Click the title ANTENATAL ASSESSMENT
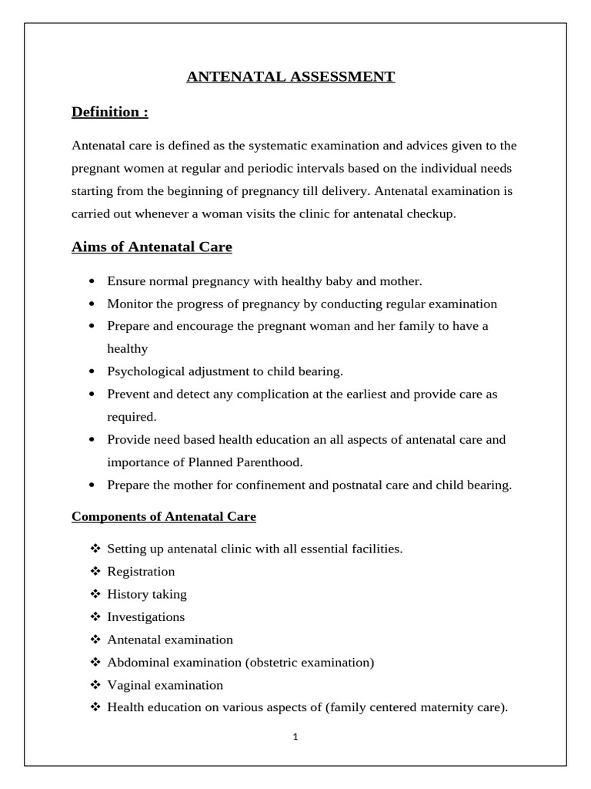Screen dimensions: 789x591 pos(291,76)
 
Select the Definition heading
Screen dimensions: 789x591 pos(109,112)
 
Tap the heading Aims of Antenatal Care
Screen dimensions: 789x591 pos(152,247)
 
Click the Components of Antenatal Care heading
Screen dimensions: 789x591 pos(164,517)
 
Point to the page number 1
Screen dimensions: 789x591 pos(295,736)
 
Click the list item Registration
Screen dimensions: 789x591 pos(141,572)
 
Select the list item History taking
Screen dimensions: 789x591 pos(147,594)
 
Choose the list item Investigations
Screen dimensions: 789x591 pos(146,617)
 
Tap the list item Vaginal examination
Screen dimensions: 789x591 pos(165,685)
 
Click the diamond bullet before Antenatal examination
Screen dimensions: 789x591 pos(95,640)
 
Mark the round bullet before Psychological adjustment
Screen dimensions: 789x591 pos(92,371)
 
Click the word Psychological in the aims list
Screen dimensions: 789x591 pos(142,371)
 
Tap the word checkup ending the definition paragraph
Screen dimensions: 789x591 pos(432,214)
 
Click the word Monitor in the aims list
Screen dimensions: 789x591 pos(129,304)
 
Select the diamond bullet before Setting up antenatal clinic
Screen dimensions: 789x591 pos(95,549)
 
